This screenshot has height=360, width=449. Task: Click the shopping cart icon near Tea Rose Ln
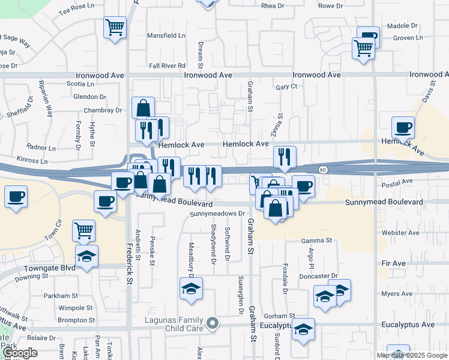click(x=115, y=26)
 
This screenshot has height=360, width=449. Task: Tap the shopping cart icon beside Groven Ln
click(x=363, y=47)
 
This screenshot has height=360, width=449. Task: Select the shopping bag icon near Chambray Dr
click(x=143, y=108)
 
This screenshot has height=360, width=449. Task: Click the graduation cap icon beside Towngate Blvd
click(x=87, y=256)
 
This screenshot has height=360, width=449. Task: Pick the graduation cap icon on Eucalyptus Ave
click(x=303, y=329)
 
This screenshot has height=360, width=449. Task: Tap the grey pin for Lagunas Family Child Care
click(x=211, y=325)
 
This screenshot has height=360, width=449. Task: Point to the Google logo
click(x=19, y=353)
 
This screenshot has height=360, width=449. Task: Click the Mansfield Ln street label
click(x=166, y=35)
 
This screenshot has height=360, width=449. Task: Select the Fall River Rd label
click(x=167, y=65)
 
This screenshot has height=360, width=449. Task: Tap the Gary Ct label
click(x=286, y=86)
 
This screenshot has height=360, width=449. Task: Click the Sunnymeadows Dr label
click(x=218, y=213)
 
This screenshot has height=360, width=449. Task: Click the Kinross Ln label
click(x=32, y=161)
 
